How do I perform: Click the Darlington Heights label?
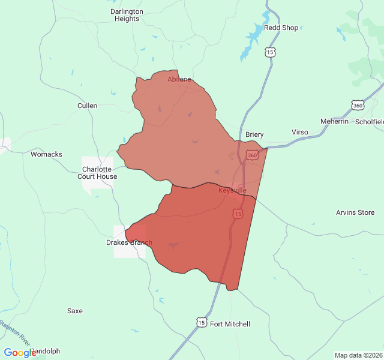tap(127, 15)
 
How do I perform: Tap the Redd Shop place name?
tap(281, 28)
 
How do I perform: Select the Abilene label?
tap(179, 79)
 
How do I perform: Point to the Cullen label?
tap(87, 106)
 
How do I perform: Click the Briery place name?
tap(254, 134)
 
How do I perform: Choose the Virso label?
tap(299, 132)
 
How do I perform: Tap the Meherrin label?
tap(334, 121)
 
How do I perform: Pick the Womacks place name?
tap(46, 154)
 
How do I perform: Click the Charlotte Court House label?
tap(97, 173)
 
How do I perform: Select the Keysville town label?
tap(232, 190)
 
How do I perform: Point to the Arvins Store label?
tap(355, 212)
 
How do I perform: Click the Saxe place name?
tap(75, 311)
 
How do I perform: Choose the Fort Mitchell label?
tap(230, 324)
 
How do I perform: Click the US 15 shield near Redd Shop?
tap(271, 53)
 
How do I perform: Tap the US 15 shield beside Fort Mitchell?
tap(201, 323)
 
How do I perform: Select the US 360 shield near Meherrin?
tap(358, 106)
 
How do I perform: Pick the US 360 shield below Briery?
tap(252, 155)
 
